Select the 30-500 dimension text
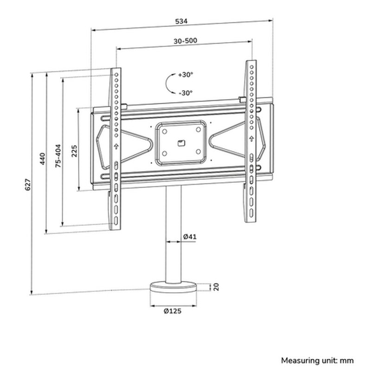coord(185,41)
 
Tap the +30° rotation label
coord(185,75)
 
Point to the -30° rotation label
coord(185,93)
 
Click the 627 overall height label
coord(27,184)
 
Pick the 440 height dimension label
coord(42,159)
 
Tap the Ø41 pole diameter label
coord(190,237)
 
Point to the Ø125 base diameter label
coord(173,311)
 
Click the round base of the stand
coord(174,288)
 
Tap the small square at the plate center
coord(181,142)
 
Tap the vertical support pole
coord(174,232)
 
